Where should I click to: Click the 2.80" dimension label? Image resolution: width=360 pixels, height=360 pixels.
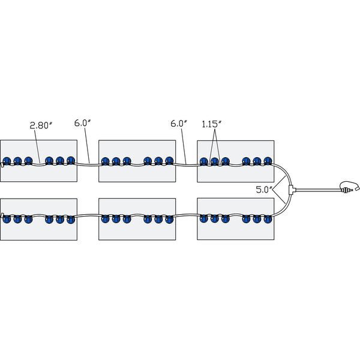click(x=41, y=125)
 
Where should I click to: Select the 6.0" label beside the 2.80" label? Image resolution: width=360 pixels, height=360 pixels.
click(x=82, y=123)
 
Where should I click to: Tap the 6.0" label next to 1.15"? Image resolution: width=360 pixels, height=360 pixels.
click(x=179, y=123)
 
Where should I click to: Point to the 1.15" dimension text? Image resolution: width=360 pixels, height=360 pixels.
click(x=212, y=123)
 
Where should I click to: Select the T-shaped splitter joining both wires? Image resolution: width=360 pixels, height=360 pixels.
click(x=291, y=190)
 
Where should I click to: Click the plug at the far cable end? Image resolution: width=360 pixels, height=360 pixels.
click(x=348, y=187)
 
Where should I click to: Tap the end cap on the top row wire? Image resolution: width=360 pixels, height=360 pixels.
click(x=2, y=163)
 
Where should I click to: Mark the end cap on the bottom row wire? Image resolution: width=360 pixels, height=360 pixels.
click(x=2, y=215)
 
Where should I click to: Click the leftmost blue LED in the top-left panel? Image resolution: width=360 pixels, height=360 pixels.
click(x=7, y=161)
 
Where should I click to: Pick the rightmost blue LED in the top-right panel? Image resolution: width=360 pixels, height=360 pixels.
click(x=268, y=161)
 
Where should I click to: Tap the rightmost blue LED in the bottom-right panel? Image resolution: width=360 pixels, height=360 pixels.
click(x=268, y=219)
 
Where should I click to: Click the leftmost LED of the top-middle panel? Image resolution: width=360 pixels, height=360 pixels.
click(x=106, y=161)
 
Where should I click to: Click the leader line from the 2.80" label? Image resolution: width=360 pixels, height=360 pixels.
click(x=38, y=144)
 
